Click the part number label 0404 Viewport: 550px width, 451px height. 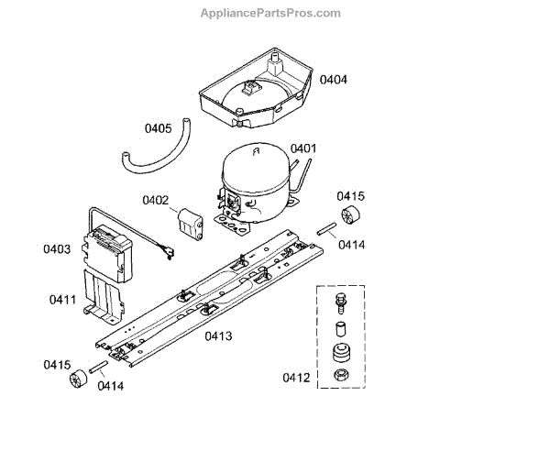[334, 80]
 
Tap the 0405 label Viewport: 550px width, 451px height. [158, 128]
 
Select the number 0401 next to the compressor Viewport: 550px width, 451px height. [303, 148]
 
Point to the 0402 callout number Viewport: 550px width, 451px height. [155, 200]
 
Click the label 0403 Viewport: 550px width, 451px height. [57, 248]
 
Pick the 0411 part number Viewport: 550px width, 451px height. [63, 300]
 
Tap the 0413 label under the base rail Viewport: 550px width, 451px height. [218, 335]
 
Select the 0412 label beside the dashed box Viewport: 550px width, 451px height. [297, 377]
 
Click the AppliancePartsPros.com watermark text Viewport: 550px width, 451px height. [269, 13]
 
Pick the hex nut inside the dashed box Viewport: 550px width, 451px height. [340, 377]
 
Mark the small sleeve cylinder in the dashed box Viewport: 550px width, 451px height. [340, 328]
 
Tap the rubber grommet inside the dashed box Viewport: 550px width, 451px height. [340, 353]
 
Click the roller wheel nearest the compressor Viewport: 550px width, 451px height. [350, 219]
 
